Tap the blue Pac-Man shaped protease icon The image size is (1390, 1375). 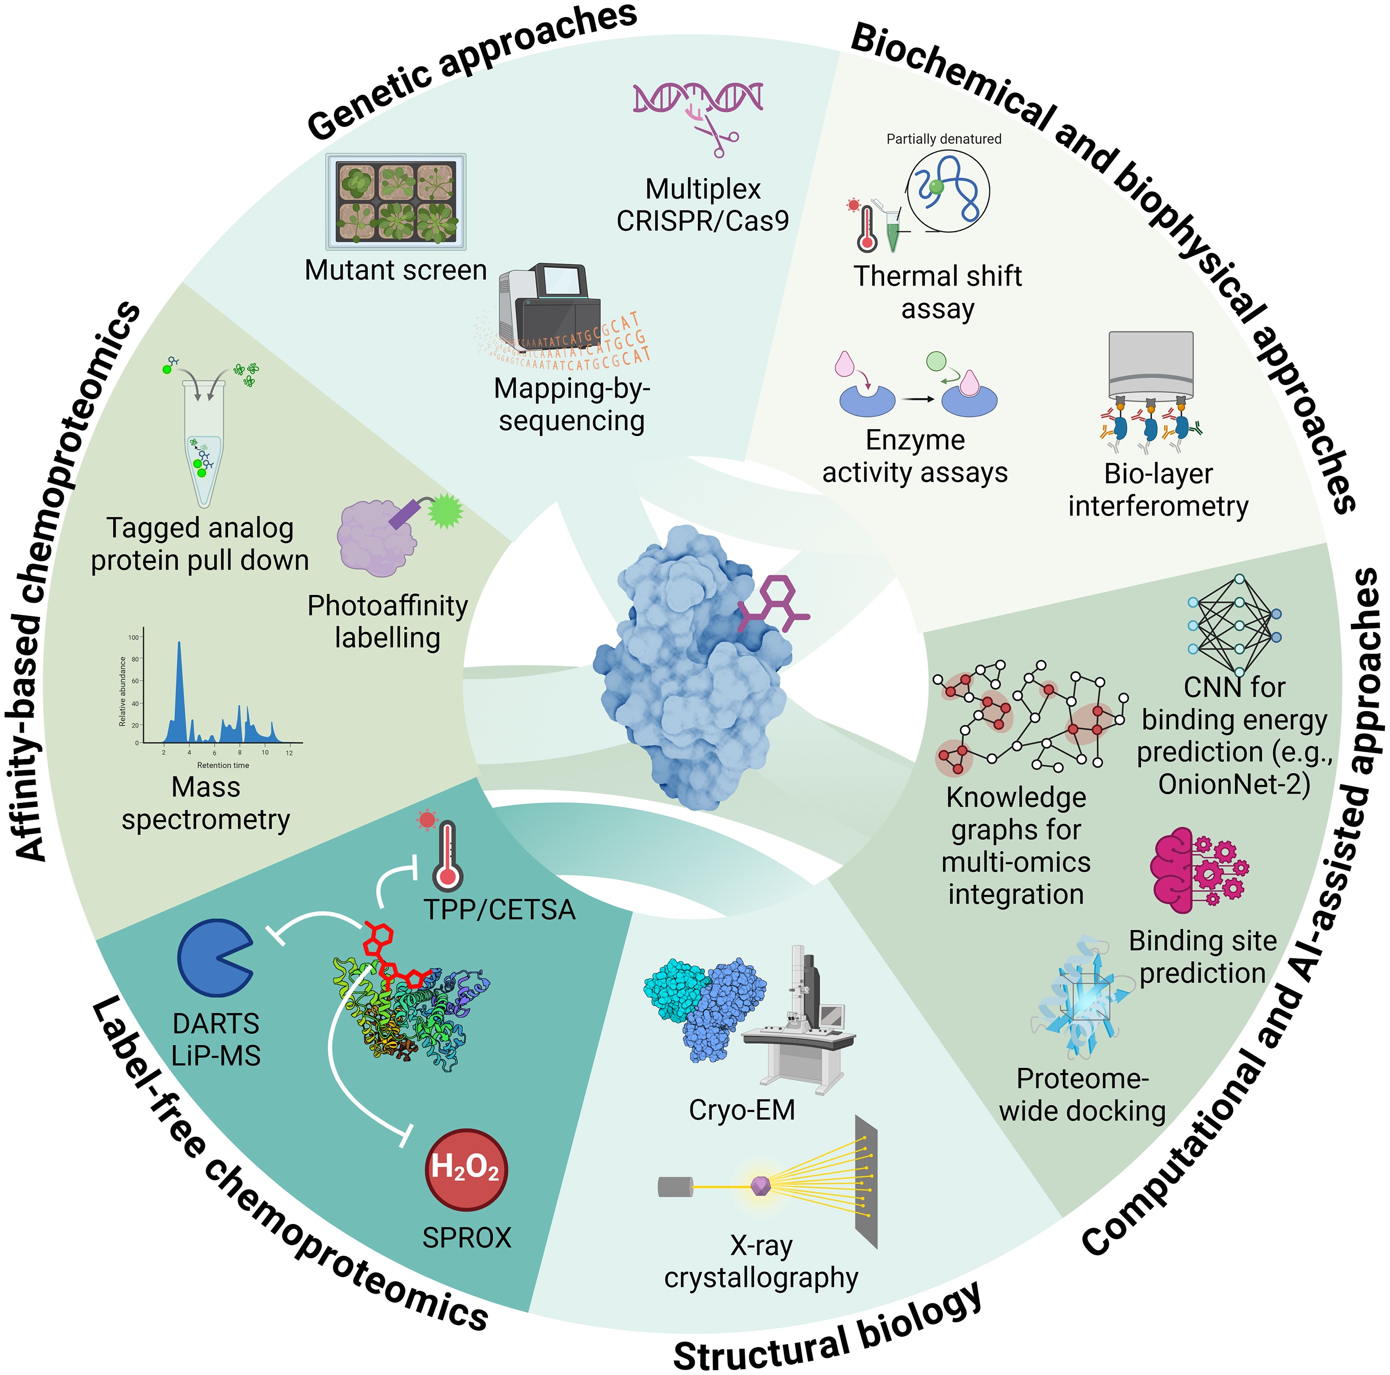point(213,958)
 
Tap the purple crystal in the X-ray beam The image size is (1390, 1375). point(760,1185)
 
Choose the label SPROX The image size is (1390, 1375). point(466,1238)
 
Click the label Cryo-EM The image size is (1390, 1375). point(742,1110)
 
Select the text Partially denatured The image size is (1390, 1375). point(943,139)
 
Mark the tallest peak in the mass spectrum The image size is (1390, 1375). point(179,648)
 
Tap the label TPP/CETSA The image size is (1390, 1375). point(499,910)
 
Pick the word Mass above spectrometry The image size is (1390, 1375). point(206,787)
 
